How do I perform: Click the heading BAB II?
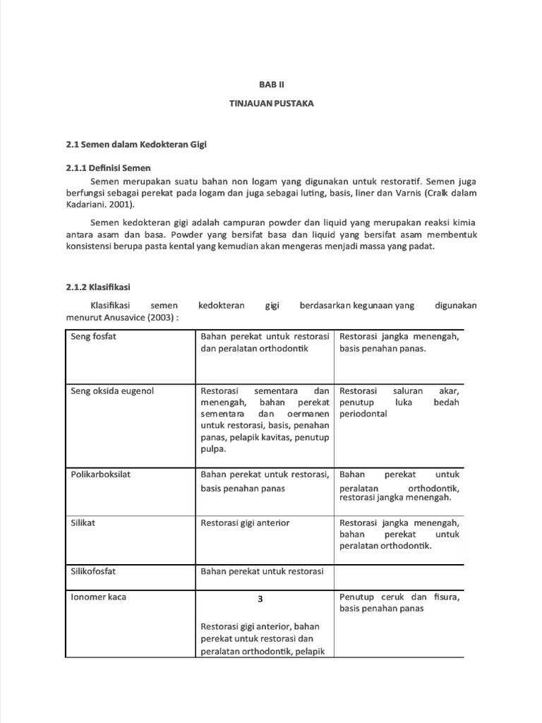pos(271,83)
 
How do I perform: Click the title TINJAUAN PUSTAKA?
pos(271,104)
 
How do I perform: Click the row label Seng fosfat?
pos(94,336)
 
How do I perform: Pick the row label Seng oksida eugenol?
pos(112,390)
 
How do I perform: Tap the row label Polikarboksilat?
pos(101,474)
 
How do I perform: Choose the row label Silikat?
pos(83,522)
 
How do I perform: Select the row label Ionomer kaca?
pos(99,597)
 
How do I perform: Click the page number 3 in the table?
pos(260,599)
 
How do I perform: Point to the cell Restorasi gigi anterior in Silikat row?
pos(245,522)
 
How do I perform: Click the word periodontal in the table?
pos(363,414)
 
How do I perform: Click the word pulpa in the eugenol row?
pos(213,448)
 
